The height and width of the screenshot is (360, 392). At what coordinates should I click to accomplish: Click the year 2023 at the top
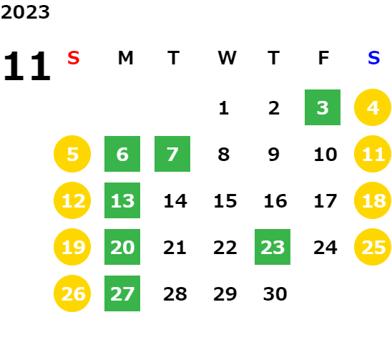pyautogui.click(x=25, y=12)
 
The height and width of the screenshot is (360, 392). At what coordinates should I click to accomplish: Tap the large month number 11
pyautogui.click(x=27, y=66)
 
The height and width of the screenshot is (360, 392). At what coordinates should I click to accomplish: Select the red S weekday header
pyautogui.click(x=74, y=58)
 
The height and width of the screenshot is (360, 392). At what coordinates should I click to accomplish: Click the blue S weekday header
pyautogui.click(x=373, y=58)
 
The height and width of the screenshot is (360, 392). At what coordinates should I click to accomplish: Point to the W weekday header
pyautogui.click(x=227, y=58)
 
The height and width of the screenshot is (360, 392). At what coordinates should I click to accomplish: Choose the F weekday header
pyautogui.click(x=323, y=58)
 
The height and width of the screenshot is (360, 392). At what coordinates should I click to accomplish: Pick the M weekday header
pyautogui.click(x=125, y=58)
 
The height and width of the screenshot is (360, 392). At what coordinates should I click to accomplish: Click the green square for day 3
pyautogui.click(x=323, y=107)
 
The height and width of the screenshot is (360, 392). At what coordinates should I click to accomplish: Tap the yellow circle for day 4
pyautogui.click(x=373, y=107)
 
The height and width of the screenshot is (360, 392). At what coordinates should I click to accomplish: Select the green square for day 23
pyautogui.click(x=273, y=247)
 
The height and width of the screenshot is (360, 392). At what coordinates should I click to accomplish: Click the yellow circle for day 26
pyautogui.click(x=72, y=293)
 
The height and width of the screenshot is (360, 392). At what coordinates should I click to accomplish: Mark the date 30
pyautogui.click(x=275, y=294)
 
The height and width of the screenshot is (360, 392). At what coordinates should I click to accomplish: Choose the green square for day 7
pyautogui.click(x=172, y=154)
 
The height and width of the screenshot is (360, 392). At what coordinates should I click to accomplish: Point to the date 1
pyautogui.click(x=224, y=108)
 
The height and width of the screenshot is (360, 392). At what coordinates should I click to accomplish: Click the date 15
pyautogui.click(x=225, y=201)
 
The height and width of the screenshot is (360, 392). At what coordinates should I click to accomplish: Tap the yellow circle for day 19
pyautogui.click(x=72, y=247)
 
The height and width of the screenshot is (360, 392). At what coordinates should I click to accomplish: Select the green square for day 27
pyautogui.click(x=122, y=293)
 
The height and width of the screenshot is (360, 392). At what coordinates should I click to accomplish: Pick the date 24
pyautogui.click(x=325, y=248)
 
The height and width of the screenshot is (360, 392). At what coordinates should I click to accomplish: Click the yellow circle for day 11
pyautogui.click(x=373, y=154)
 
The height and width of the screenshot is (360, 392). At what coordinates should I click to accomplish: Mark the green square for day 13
pyautogui.click(x=122, y=200)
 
